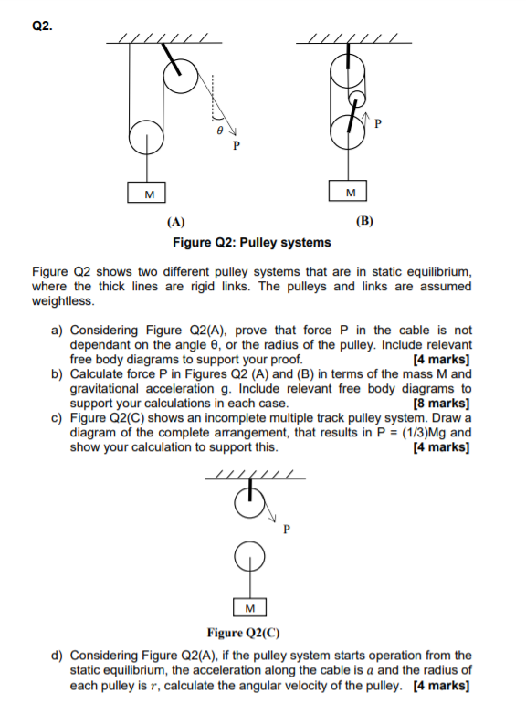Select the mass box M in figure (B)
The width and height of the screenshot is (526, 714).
point(350,194)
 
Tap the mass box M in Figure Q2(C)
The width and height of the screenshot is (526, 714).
point(249,608)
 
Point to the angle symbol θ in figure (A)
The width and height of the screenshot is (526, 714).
point(218,131)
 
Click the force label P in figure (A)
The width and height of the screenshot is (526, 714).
point(236,145)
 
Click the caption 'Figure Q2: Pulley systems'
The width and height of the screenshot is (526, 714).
point(252,242)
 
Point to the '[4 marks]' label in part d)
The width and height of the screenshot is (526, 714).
point(443,684)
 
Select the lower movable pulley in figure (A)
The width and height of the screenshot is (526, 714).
point(146,139)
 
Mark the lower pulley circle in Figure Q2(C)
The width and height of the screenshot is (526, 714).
point(249,556)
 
